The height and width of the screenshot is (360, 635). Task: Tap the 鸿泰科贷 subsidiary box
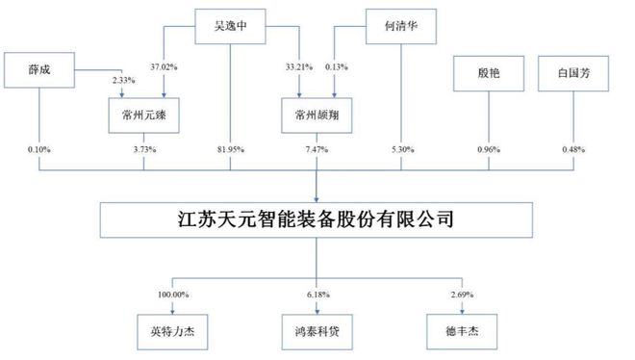pyautogui.click(x=317, y=335)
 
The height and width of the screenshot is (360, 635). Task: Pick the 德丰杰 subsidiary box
pyautogui.click(x=461, y=335)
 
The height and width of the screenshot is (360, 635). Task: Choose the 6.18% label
pyautogui.click(x=317, y=293)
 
